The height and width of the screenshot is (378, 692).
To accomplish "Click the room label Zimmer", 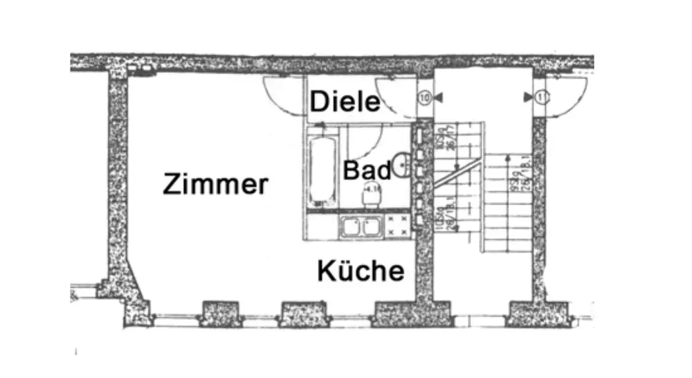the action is pyautogui.click(x=215, y=185).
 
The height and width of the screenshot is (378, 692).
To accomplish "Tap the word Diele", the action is pyautogui.click(x=345, y=102).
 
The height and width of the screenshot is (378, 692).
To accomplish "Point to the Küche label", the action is pyautogui.click(x=361, y=271).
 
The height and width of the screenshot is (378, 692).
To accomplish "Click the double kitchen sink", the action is pyautogui.click(x=360, y=226).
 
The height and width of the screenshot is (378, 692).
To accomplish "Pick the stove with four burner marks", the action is pyautogui.click(x=398, y=226).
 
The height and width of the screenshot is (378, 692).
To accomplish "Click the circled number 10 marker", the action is pyautogui.click(x=424, y=98).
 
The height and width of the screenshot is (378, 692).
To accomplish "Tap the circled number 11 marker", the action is pyautogui.click(x=542, y=98).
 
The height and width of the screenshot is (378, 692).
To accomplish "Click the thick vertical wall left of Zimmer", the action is pyautogui.click(x=118, y=180).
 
